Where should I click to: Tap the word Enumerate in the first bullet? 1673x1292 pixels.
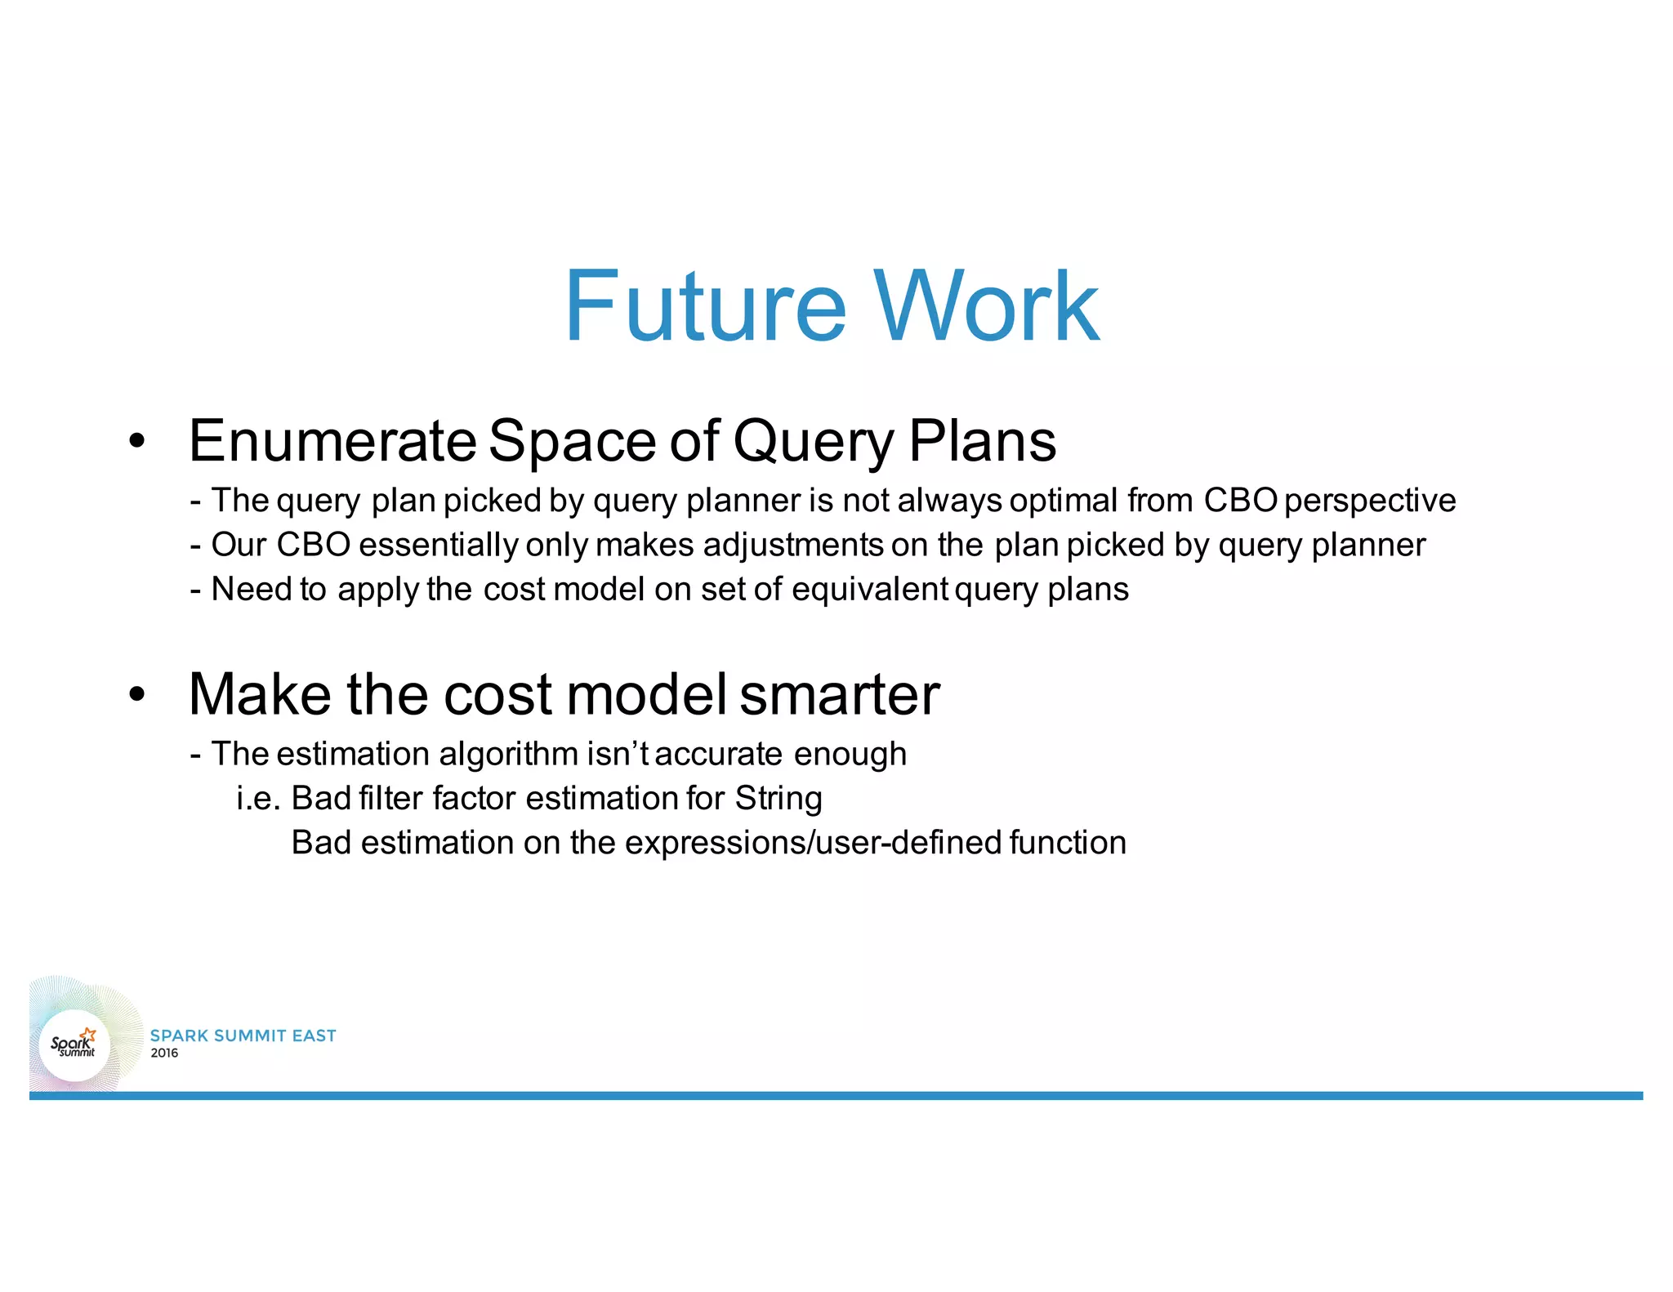(x=332, y=442)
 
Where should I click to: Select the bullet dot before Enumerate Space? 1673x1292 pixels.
(x=136, y=442)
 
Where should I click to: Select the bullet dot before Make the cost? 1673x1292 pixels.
(x=136, y=695)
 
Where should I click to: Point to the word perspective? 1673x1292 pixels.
(x=1370, y=501)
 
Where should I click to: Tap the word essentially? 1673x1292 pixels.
(x=438, y=546)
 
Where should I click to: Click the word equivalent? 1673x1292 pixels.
(x=869, y=590)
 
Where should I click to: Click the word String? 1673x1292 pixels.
(x=779, y=799)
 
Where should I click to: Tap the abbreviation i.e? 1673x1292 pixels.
(x=258, y=799)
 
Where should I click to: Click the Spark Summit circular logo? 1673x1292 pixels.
(x=74, y=1045)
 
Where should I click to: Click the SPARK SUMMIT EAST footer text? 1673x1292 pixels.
(x=243, y=1036)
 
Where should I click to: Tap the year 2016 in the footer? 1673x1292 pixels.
(x=164, y=1054)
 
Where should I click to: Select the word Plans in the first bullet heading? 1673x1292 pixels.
(x=982, y=442)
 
